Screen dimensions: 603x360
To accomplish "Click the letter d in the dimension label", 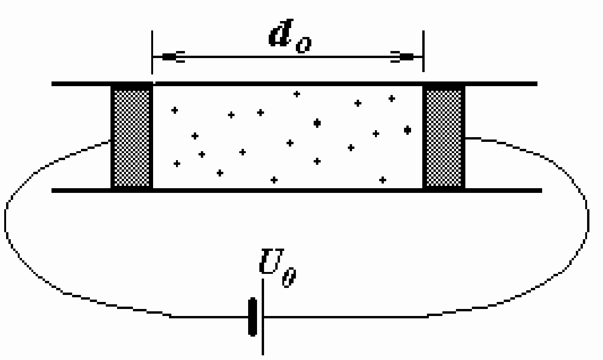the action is pos(280,33).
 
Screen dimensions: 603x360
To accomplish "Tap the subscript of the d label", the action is pos(304,45).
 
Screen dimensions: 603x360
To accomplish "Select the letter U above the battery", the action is pos(272,261).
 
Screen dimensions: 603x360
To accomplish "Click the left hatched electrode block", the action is pos(132,137).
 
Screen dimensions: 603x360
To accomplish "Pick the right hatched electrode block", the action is pos(444,137).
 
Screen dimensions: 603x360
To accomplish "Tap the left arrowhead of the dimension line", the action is pos(172,57).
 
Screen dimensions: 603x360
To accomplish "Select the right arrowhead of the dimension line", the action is pos(402,57).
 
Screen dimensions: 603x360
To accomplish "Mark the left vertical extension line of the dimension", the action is pos(152,52).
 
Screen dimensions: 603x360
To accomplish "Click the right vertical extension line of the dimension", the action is pos(423,51).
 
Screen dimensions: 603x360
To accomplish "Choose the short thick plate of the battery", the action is pos(252,317).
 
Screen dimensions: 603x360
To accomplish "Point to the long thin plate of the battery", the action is pos(263,317).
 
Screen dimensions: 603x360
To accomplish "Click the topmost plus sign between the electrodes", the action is pos(297,94).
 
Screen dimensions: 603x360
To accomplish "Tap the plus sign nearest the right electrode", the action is pos(408,130).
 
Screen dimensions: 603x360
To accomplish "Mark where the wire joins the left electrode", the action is pos(110,140).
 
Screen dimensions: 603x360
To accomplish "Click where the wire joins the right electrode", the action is pos(465,138).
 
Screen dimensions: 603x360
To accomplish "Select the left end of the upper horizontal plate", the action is pos(52,84).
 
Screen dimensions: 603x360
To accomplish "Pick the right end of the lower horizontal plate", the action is pos(542,191).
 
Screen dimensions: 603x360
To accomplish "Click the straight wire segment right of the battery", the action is pos(346,317).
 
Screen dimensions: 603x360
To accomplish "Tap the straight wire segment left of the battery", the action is pos(209,317).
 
